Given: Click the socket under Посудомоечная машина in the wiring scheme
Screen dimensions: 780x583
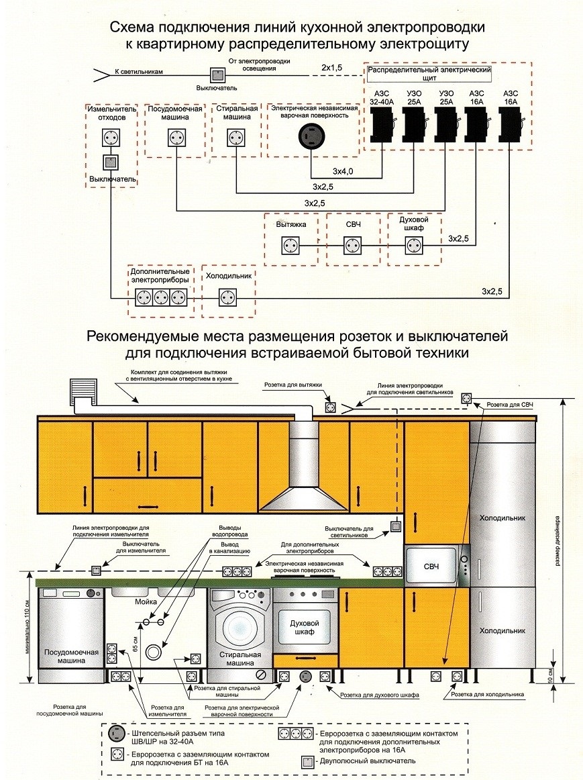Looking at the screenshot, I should tap(176, 137).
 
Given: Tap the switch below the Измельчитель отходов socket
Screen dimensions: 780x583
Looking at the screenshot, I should tap(110, 162).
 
